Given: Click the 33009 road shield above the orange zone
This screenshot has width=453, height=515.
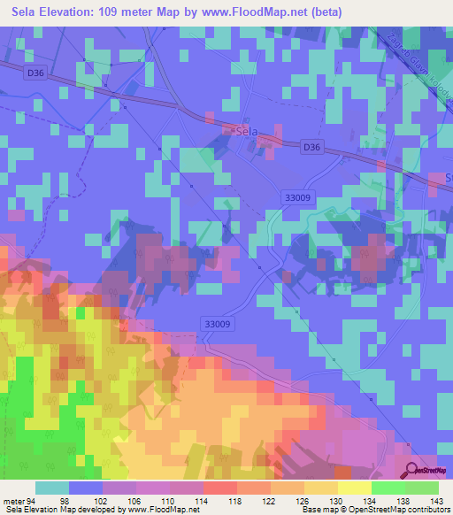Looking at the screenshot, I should pyautogui.click(x=216, y=324).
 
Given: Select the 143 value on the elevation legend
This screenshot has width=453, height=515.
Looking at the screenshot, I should pyautogui.click(x=437, y=500).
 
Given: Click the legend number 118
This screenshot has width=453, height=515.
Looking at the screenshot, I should pyautogui.click(x=235, y=500).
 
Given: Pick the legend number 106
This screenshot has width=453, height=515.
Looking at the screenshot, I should pyautogui.click(x=134, y=500).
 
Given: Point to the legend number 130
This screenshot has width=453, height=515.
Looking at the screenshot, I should pyautogui.click(x=336, y=500).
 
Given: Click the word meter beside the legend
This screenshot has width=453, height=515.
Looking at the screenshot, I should pyautogui.click(x=13, y=500).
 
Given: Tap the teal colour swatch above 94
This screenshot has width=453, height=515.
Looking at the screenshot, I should pyautogui.click(x=52, y=488).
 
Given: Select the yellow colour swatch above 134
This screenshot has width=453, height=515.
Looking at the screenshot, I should pyautogui.click(x=354, y=488).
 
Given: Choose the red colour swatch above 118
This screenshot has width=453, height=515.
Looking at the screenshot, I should pyautogui.click(x=219, y=488).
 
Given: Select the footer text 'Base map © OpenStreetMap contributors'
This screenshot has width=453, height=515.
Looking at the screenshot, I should pyautogui.click(x=374, y=510).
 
